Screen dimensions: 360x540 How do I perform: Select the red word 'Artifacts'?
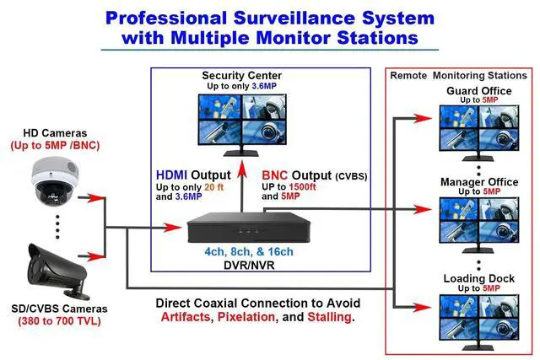(185, 318)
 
